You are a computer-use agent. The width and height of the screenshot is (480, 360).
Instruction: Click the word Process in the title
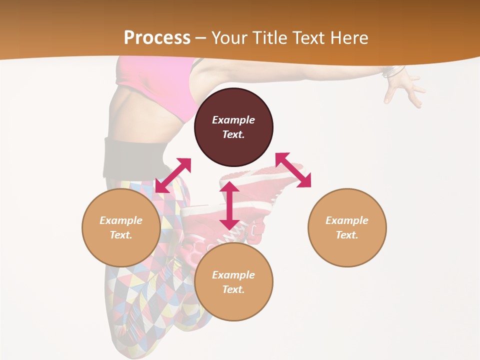[x=157, y=37]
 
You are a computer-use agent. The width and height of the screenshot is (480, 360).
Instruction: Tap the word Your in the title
[x=229, y=37]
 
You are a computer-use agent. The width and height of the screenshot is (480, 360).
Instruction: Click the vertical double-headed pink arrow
[x=229, y=205]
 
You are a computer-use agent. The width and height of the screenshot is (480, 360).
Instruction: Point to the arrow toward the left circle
[x=173, y=175]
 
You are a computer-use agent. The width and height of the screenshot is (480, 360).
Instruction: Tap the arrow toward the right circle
[x=293, y=170]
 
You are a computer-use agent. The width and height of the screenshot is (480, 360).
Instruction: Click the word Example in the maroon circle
[x=233, y=120]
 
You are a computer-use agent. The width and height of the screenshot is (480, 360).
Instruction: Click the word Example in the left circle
[x=121, y=220]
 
